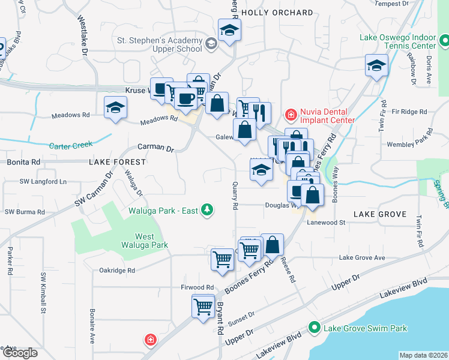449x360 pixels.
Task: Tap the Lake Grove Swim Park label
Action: point(365,328)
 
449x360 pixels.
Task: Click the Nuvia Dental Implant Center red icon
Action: point(291,114)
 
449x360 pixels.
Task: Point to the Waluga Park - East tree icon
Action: point(206,209)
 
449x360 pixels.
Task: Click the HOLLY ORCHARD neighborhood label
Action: point(277,13)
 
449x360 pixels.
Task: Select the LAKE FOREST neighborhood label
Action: point(117,162)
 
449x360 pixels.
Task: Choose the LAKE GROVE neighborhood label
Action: point(380,214)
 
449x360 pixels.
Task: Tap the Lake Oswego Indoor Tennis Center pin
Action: point(444,41)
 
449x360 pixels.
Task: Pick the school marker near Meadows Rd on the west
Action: point(115,108)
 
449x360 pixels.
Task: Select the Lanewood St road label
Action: point(327,222)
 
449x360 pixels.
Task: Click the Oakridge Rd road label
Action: point(117,270)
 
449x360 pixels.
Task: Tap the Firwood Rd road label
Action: point(197,287)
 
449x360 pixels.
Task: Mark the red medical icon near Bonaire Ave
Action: point(150,340)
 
